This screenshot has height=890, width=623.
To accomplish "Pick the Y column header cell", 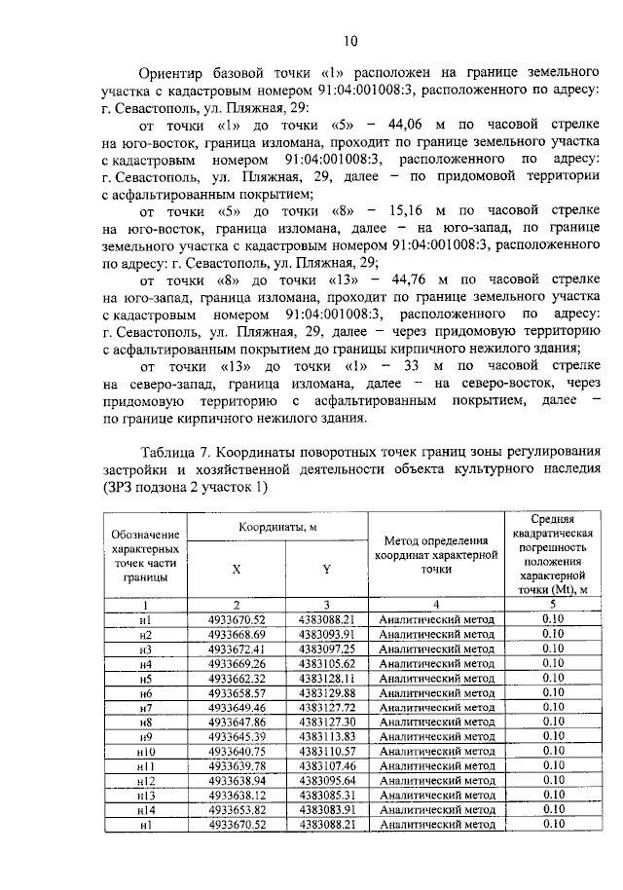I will [x=326, y=572].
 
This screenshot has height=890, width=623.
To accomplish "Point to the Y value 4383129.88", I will [x=327, y=692].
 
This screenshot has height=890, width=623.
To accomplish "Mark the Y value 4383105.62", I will [x=327, y=663].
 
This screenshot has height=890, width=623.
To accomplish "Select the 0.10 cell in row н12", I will [x=552, y=781].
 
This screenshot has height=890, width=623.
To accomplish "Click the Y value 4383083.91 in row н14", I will [x=327, y=810].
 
